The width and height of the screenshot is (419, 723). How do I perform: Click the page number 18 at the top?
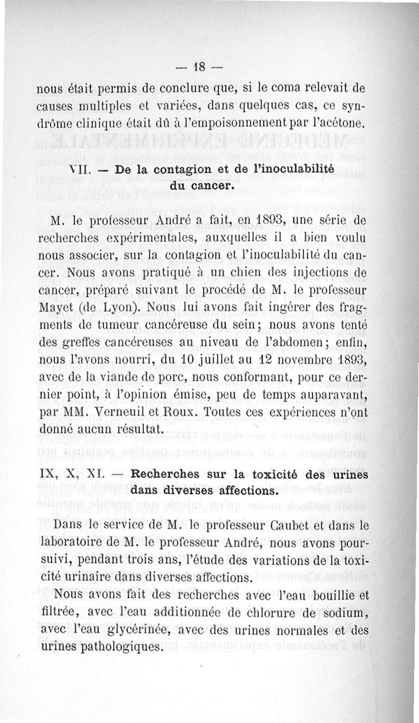pos(199,66)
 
